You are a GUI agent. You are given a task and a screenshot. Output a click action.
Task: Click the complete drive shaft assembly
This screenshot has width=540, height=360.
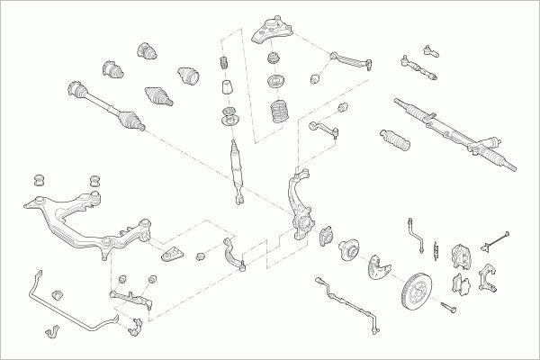click(106, 103)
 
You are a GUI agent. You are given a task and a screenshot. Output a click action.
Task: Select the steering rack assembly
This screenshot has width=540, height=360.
click(454, 135)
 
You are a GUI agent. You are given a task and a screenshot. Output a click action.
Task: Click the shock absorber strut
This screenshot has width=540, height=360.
click(238, 166)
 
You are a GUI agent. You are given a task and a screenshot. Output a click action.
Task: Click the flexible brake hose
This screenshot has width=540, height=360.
click(416, 232)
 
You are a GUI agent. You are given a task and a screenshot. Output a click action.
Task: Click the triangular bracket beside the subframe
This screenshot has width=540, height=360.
click(172, 253)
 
